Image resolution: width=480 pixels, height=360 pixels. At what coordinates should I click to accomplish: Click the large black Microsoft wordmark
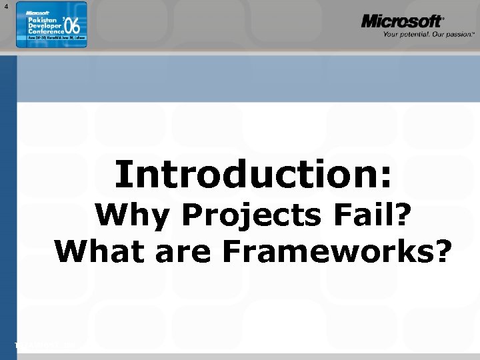(x=402, y=21)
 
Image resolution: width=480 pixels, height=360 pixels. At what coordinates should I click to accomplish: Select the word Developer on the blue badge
(x=43, y=27)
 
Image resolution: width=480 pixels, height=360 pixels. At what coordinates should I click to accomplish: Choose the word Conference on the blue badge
(x=45, y=33)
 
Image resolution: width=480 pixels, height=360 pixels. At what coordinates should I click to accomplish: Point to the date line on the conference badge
(x=51, y=41)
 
